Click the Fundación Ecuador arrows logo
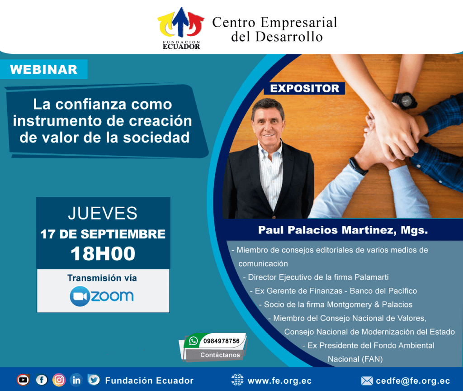coord(181,29)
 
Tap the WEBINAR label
coord(44,69)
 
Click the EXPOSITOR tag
coord(304,88)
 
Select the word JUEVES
coord(103,213)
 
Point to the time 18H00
coord(103,253)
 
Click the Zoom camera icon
coord(80,296)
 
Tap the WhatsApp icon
coord(194,341)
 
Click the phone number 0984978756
coord(222,341)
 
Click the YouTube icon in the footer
coord(23,380)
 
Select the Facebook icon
coord(42,380)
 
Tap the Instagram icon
coord(59,380)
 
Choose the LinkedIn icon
coord(76,380)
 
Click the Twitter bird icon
coord(94,380)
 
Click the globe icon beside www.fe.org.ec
coord(237,380)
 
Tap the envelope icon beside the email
coord(367,381)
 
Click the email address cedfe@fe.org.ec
coord(413,381)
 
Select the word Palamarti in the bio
coord(372,277)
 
